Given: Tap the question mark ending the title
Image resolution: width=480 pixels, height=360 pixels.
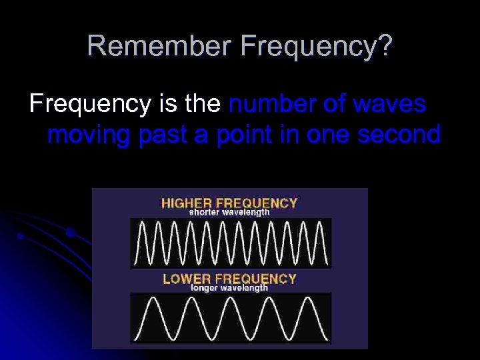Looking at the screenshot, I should point(385,47).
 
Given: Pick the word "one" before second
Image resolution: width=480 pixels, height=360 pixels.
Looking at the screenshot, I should point(327,135).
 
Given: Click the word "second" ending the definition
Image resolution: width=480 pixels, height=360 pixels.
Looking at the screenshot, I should point(399,135).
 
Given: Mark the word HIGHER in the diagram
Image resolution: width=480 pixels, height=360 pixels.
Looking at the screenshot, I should point(186,203).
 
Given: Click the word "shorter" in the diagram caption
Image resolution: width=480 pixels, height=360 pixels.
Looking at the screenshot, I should point(207,212).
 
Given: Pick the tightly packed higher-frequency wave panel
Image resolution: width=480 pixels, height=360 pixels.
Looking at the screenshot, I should point(230,243).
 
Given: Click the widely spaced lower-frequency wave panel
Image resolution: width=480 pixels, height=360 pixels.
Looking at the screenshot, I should point(230,318).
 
